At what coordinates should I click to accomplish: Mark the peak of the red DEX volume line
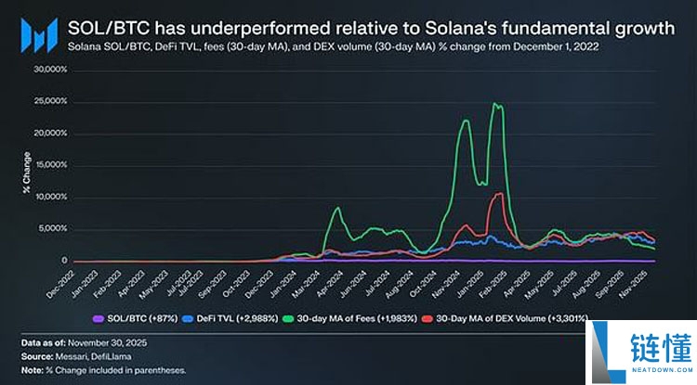tap(500, 193)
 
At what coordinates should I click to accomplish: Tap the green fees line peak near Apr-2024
tap(336, 209)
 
